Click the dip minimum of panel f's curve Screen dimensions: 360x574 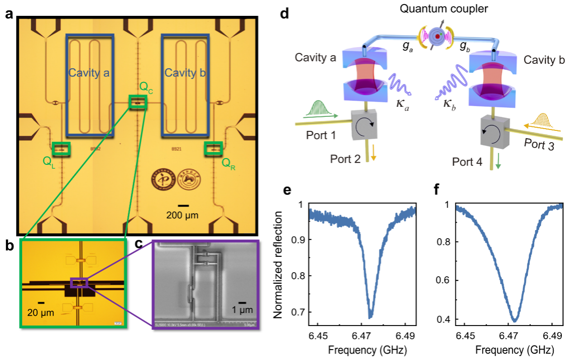point(514,320)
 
